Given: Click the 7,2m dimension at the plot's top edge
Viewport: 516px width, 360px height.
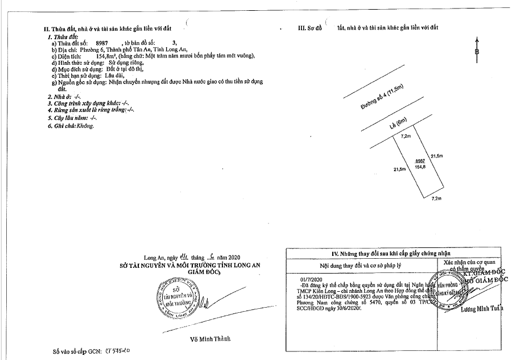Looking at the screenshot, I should click(406, 136).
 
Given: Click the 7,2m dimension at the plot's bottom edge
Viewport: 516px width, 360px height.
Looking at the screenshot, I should click(436, 199).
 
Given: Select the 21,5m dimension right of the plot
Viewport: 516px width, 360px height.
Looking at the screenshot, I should click(437, 157).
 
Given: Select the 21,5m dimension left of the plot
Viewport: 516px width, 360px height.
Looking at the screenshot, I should click(399, 169).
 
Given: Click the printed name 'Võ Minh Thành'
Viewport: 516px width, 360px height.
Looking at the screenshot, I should click(210, 340).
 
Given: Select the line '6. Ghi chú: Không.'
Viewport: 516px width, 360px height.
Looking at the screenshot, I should click(71, 126).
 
